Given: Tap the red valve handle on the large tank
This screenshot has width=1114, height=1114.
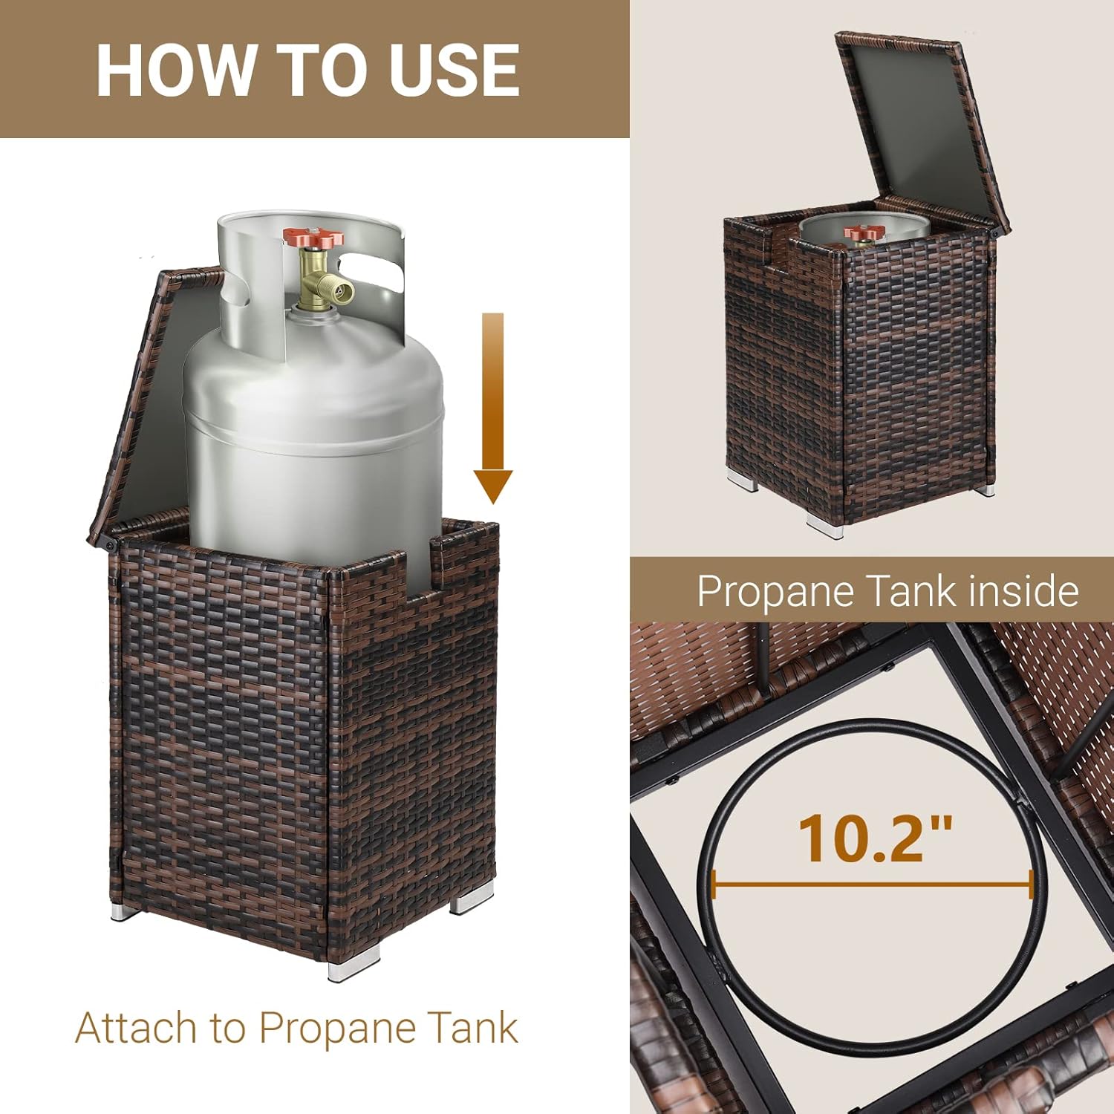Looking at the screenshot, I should pyautogui.click(x=313, y=238).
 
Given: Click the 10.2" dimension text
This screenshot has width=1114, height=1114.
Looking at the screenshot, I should pyautogui.click(x=875, y=839).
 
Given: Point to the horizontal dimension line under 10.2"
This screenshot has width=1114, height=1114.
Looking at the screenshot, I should pyautogui.click(x=872, y=885).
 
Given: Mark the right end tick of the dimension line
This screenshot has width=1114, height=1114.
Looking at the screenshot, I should pyautogui.click(x=1031, y=885).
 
